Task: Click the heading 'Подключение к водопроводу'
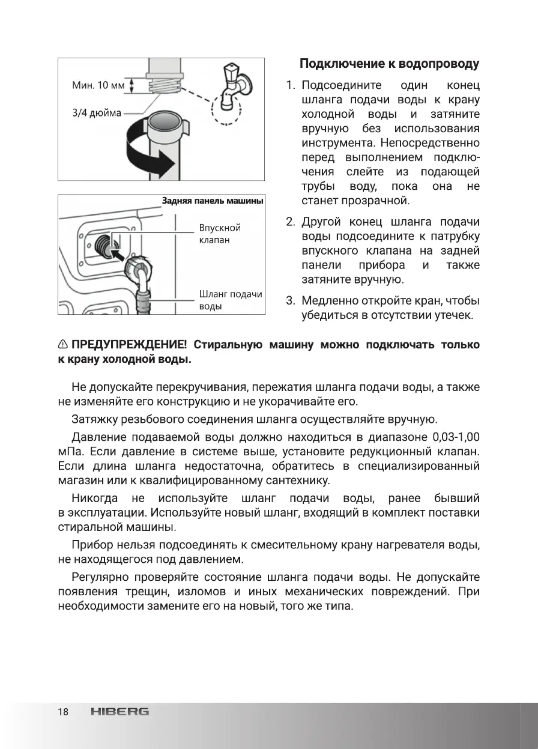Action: pos(389,64)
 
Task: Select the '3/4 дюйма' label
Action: pos(97,113)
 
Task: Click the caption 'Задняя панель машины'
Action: pos(213,201)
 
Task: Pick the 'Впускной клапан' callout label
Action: pos(220,234)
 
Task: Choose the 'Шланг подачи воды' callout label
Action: pos(231,300)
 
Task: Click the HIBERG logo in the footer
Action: pos(120,712)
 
